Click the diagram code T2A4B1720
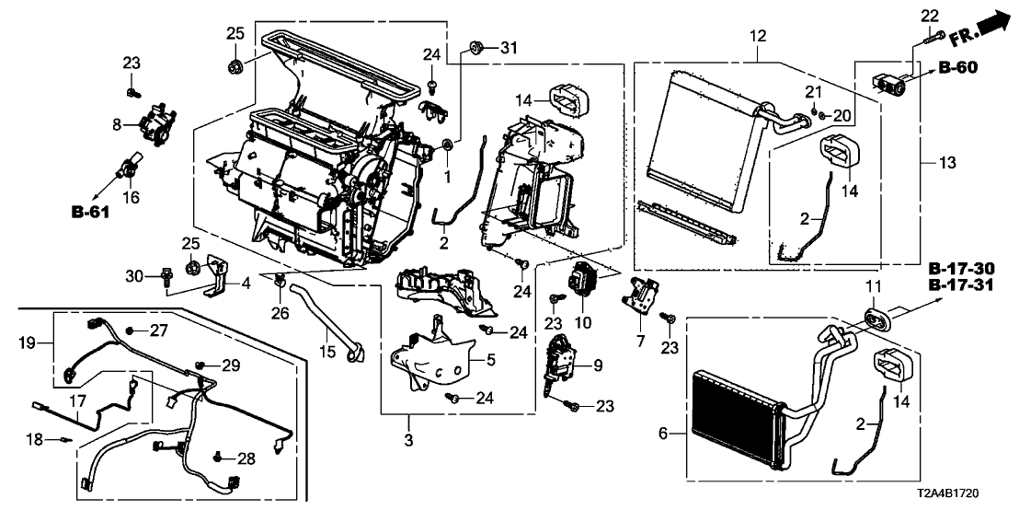[x=969, y=494]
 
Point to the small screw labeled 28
[x=219, y=455]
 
